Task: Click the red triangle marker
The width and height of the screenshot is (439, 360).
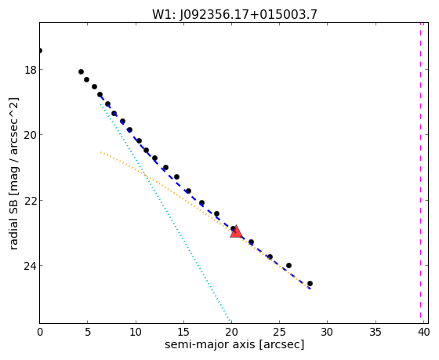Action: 236,231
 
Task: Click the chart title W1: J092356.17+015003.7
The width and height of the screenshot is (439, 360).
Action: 234,14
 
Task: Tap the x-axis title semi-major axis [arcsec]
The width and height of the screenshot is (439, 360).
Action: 234,344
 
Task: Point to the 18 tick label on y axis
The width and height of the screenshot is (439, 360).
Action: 31,70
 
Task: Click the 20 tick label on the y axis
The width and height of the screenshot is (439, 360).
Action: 31,135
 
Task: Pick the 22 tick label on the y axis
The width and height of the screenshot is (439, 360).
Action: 31,200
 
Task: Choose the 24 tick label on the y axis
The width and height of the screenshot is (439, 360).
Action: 31,266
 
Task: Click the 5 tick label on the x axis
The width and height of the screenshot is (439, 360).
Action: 88,332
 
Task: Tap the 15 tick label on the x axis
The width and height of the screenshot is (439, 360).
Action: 183,332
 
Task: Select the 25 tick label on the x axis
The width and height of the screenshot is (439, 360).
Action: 279,332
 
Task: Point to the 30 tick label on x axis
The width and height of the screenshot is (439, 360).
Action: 328,332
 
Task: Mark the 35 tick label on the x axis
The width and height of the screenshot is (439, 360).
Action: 376,332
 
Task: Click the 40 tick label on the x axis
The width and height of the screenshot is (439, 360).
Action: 423,332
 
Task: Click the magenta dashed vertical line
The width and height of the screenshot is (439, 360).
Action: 420,171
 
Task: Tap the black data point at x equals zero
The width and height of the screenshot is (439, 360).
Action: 40,50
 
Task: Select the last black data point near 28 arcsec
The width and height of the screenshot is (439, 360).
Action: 310,283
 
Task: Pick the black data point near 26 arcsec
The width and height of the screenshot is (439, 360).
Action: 288,265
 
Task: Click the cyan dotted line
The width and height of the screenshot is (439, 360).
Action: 165,213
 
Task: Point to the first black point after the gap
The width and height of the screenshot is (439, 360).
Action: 82,71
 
